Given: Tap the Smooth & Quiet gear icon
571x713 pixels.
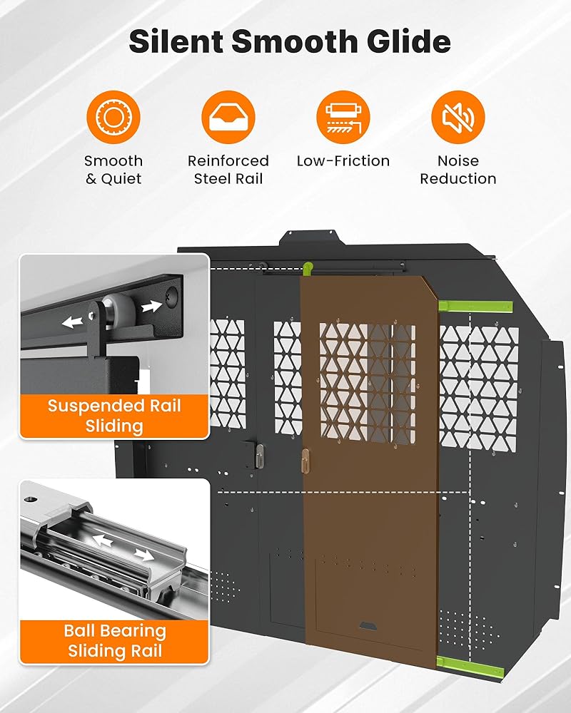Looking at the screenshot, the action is pos(113,117).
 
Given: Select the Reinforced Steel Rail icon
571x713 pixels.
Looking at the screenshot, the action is pos(228,117).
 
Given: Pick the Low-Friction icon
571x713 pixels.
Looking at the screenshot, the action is pos(343,117).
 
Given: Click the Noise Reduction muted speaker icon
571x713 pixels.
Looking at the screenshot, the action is pos(458,117).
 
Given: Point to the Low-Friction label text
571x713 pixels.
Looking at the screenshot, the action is pos(343,161).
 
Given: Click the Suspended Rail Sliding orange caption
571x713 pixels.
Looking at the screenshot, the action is pos(114,416).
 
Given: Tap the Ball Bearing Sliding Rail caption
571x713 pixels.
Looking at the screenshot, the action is pos(114,641).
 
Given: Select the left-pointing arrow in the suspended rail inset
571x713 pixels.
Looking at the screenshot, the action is pos(72,322).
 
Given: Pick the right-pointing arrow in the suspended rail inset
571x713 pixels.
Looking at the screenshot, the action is pos(151,307).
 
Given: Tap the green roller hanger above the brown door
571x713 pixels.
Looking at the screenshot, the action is pos(308,268).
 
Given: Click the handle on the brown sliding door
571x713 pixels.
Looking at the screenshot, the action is pos(305,461).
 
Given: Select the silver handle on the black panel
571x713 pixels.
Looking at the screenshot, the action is pos(260,456).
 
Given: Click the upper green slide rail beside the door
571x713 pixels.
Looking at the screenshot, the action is pos(475,307).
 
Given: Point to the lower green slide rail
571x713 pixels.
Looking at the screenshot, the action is pos(470,666).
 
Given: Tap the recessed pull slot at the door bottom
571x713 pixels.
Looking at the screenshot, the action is pos(368,626).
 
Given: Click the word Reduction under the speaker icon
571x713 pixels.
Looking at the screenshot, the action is pos(458,179).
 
